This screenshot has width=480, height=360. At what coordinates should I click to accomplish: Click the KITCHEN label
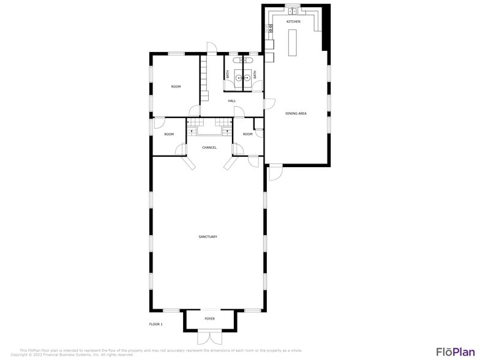coord(293,21)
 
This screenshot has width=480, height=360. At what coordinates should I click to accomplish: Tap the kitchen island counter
coord(293,42)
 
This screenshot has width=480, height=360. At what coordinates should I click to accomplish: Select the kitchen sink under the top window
coord(293,10)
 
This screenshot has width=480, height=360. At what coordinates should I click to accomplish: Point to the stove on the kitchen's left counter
coord(270,28)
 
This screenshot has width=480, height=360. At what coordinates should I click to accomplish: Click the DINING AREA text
coord(296,113)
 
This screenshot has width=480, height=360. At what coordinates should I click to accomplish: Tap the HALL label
coord(232,100)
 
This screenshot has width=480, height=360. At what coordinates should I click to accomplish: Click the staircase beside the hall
coord(204,77)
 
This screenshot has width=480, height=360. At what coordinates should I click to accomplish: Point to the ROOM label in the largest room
coord(176,86)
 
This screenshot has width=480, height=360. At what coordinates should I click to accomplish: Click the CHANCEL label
coord(209,147)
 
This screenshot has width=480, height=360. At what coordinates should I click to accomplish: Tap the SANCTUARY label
coord(208,236)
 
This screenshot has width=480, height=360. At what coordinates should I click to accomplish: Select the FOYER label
coord(209,318)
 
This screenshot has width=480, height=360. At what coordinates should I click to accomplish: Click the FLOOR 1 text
coord(156,323)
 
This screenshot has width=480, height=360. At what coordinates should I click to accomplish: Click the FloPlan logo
coord(455,351)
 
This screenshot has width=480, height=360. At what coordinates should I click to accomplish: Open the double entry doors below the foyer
coord(209,337)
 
